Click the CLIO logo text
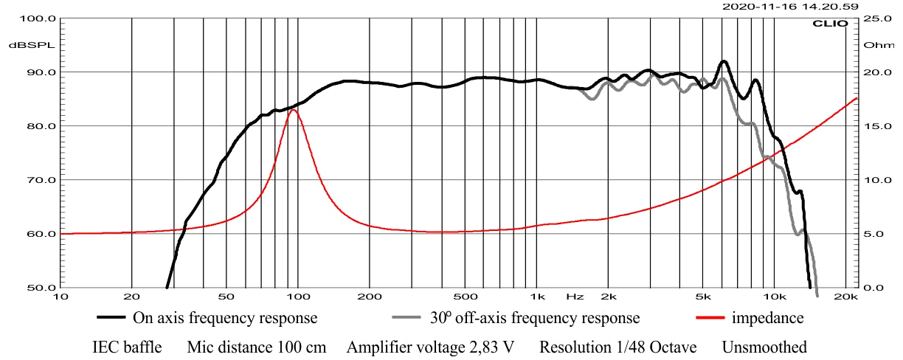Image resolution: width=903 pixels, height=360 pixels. (x=834, y=24)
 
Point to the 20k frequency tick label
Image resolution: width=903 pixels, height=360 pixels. (x=845, y=297)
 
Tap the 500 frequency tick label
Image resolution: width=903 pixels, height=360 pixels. (x=464, y=297)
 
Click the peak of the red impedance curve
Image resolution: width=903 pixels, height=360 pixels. (x=293, y=110)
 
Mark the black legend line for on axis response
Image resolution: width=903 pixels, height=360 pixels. (x=112, y=319)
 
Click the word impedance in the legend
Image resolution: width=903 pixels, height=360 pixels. (x=767, y=319)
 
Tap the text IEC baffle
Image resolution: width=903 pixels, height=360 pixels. (x=127, y=347)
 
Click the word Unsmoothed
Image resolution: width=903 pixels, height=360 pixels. (x=764, y=347)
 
